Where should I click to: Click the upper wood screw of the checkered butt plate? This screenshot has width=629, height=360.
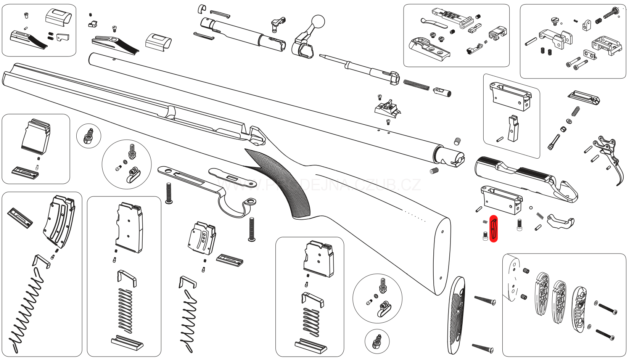[x=485, y=300]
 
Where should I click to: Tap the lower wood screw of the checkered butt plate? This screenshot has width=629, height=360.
[x=483, y=347]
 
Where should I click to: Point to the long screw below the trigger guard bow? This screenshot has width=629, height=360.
[x=251, y=229]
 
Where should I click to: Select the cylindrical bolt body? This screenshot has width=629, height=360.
[x=244, y=32]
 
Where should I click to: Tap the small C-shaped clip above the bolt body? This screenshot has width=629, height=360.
[x=202, y=8]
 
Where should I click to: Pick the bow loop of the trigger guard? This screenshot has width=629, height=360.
[x=233, y=206]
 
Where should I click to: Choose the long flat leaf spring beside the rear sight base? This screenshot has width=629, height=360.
[x=434, y=23]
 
